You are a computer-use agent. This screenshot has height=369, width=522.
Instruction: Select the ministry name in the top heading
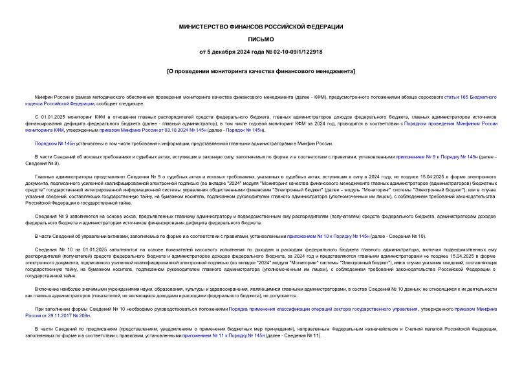coord(261,26)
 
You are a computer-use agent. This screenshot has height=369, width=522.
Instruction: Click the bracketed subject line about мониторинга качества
coord(261,70)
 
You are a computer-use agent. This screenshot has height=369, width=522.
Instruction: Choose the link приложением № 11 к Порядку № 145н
coord(224,335)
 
